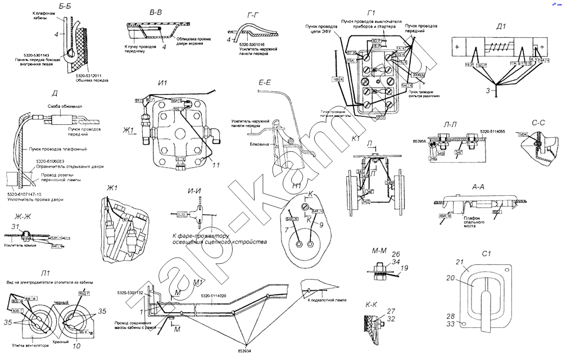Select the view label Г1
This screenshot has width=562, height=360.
pyautogui.click(x=371, y=12)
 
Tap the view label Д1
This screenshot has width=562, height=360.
pyautogui.click(x=501, y=26)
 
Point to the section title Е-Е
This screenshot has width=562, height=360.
pyautogui.click(x=265, y=83)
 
